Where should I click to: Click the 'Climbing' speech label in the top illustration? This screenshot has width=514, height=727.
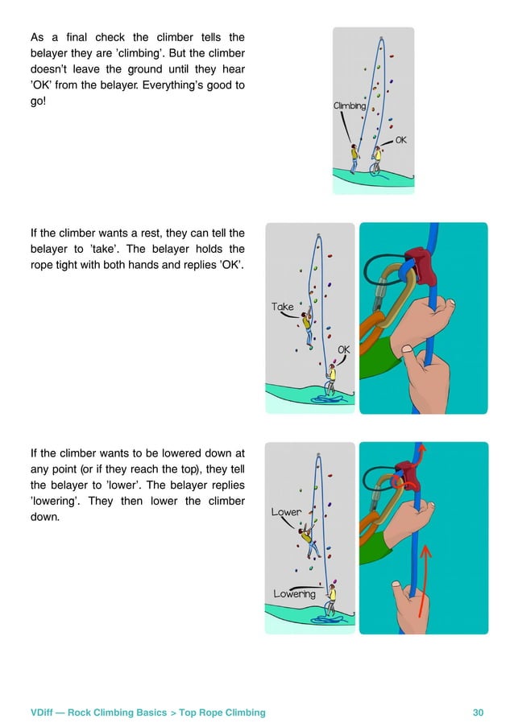point(350,105)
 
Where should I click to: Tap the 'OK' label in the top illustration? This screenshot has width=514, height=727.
point(400,140)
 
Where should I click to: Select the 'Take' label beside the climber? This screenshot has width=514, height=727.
point(283,307)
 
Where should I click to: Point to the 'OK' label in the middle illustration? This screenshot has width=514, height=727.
point(344,349)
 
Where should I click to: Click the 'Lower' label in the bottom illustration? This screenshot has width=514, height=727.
point(286,512)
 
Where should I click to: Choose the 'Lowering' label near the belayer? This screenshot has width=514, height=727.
point(294,594)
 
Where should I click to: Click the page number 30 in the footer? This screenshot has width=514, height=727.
point(479,712)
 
